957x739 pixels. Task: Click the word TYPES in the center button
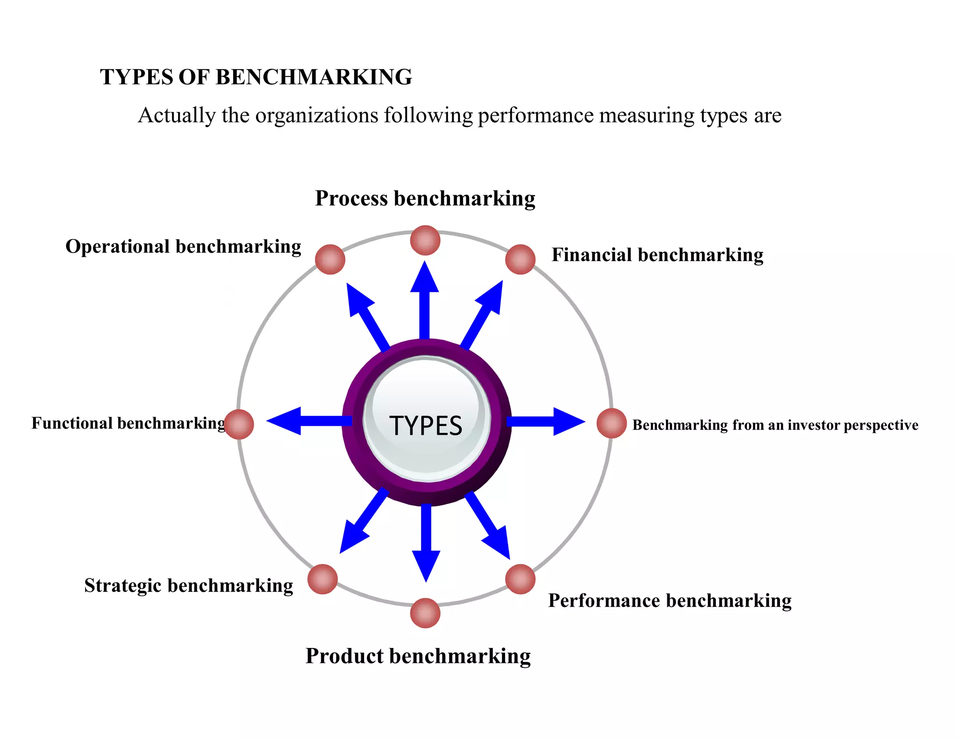click(426, 426)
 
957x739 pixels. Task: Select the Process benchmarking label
click(425, 198)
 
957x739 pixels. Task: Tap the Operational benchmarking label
click(183, 247)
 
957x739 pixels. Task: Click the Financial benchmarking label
click(657, 255)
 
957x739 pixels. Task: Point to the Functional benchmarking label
click(128, 423)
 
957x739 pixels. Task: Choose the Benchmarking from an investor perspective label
click(775, 425)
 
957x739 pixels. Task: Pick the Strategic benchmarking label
click(188, 586)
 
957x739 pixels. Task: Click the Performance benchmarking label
click(670, 601)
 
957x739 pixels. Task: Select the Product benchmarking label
click(418, 656)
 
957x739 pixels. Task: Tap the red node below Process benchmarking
click(425, 240)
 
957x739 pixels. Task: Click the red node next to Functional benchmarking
click(239, 424)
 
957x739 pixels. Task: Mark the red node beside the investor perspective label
click(611, 423)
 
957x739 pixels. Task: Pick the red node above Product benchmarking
click(425, 613)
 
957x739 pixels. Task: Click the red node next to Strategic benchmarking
click(322, 579)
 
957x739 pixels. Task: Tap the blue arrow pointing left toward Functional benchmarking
click(308, 421)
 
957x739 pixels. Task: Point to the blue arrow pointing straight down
click(426, 542)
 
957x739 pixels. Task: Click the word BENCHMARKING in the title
click(314, 77)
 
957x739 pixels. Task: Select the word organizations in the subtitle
click(316, 115)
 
